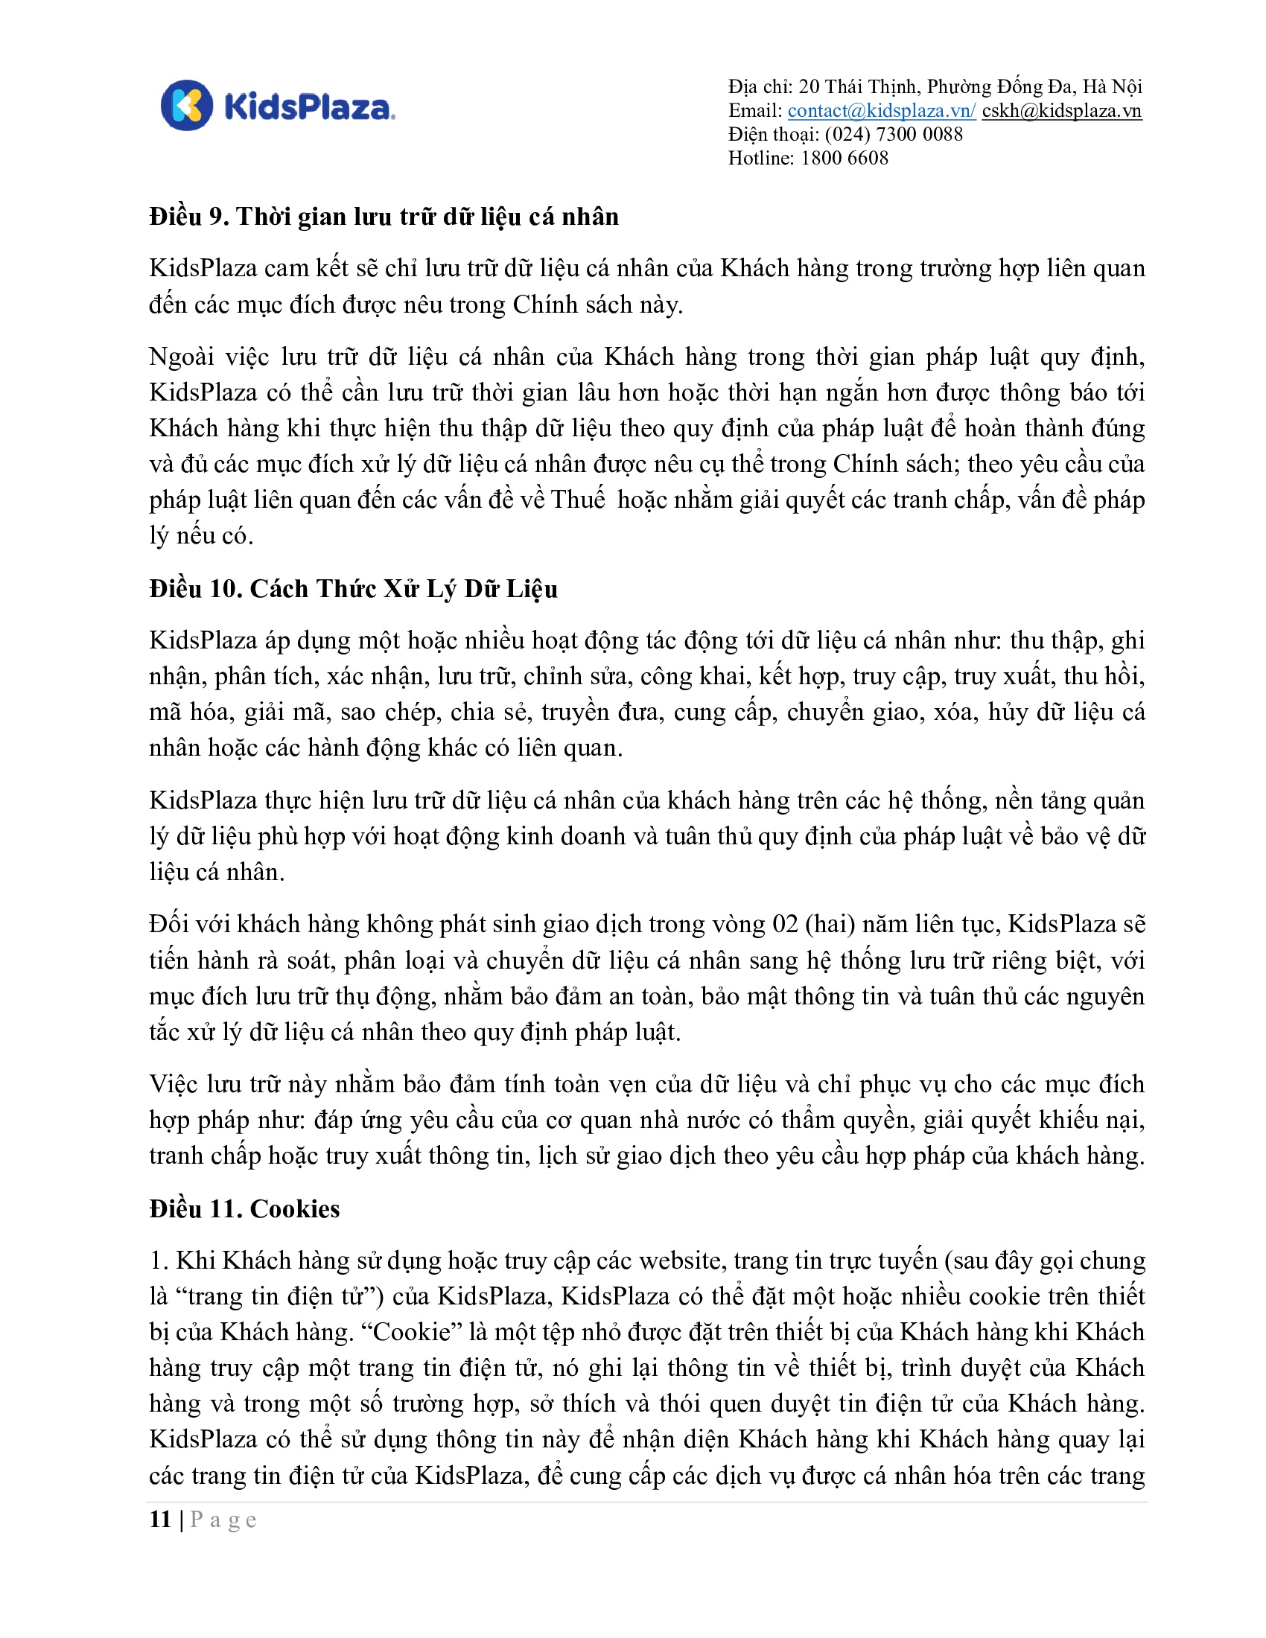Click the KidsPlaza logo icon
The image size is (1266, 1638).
click(x=187, y=106)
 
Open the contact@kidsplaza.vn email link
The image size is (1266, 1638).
click(x=881, y=111)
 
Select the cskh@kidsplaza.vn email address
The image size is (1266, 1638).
click(x=1061, y=111)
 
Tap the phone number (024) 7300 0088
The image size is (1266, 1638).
click(x=893, y=134)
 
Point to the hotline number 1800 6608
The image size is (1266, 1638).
click(x=844, y=159)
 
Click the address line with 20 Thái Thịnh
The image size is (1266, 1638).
click(x=935, y=87)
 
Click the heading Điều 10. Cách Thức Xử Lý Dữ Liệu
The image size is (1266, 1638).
click(x=353, y=589)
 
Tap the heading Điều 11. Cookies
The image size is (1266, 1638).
click(x=244, y=1209)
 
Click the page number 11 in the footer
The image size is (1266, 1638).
click(x=161, y=1520)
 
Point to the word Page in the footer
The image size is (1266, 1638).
click(x=223, y=1520)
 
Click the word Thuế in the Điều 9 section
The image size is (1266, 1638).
click(x=577, y=500)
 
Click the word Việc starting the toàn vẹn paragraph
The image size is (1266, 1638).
click(x=174, y=1085)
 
